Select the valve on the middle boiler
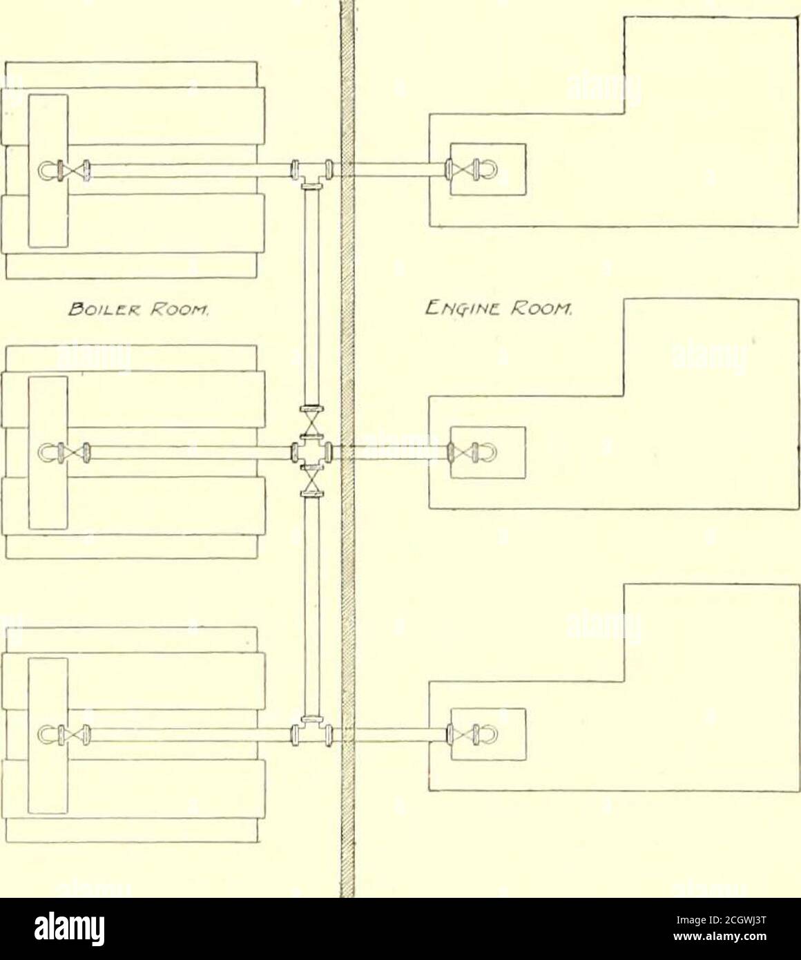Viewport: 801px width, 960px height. tap(74, 453)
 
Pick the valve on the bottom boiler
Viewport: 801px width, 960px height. tap(74, 734)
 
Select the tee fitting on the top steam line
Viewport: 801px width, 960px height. tap(311, 174)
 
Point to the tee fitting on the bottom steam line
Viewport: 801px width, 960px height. tap(311, 731)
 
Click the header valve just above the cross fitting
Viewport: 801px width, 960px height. tap(311, 420)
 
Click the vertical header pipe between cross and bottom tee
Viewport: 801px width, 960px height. tap(311, 606)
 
